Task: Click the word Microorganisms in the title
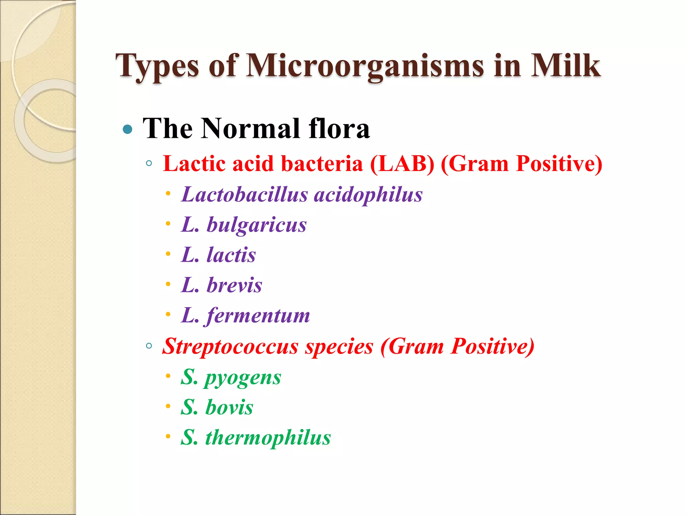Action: tap(365, 66)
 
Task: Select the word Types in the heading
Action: tap(157, 66)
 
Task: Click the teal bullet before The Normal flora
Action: tap(128, 129)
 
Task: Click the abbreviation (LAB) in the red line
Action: tap(402, 164)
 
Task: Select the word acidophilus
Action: tap(368, 195)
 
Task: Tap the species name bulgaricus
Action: tap(256, 225)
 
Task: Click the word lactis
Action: tap(231, 255)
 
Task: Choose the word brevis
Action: tap(234, 285)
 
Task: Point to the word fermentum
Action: tap(258, 316)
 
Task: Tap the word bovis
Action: tap(229, 408)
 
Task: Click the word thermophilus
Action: tap(268, 438)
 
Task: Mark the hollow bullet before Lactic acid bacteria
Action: tap(149, 164)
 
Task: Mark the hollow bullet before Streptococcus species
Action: tap(149, 346)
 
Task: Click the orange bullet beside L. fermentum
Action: tap(168, 314)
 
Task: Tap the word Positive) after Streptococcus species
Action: tap(492, 346)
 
